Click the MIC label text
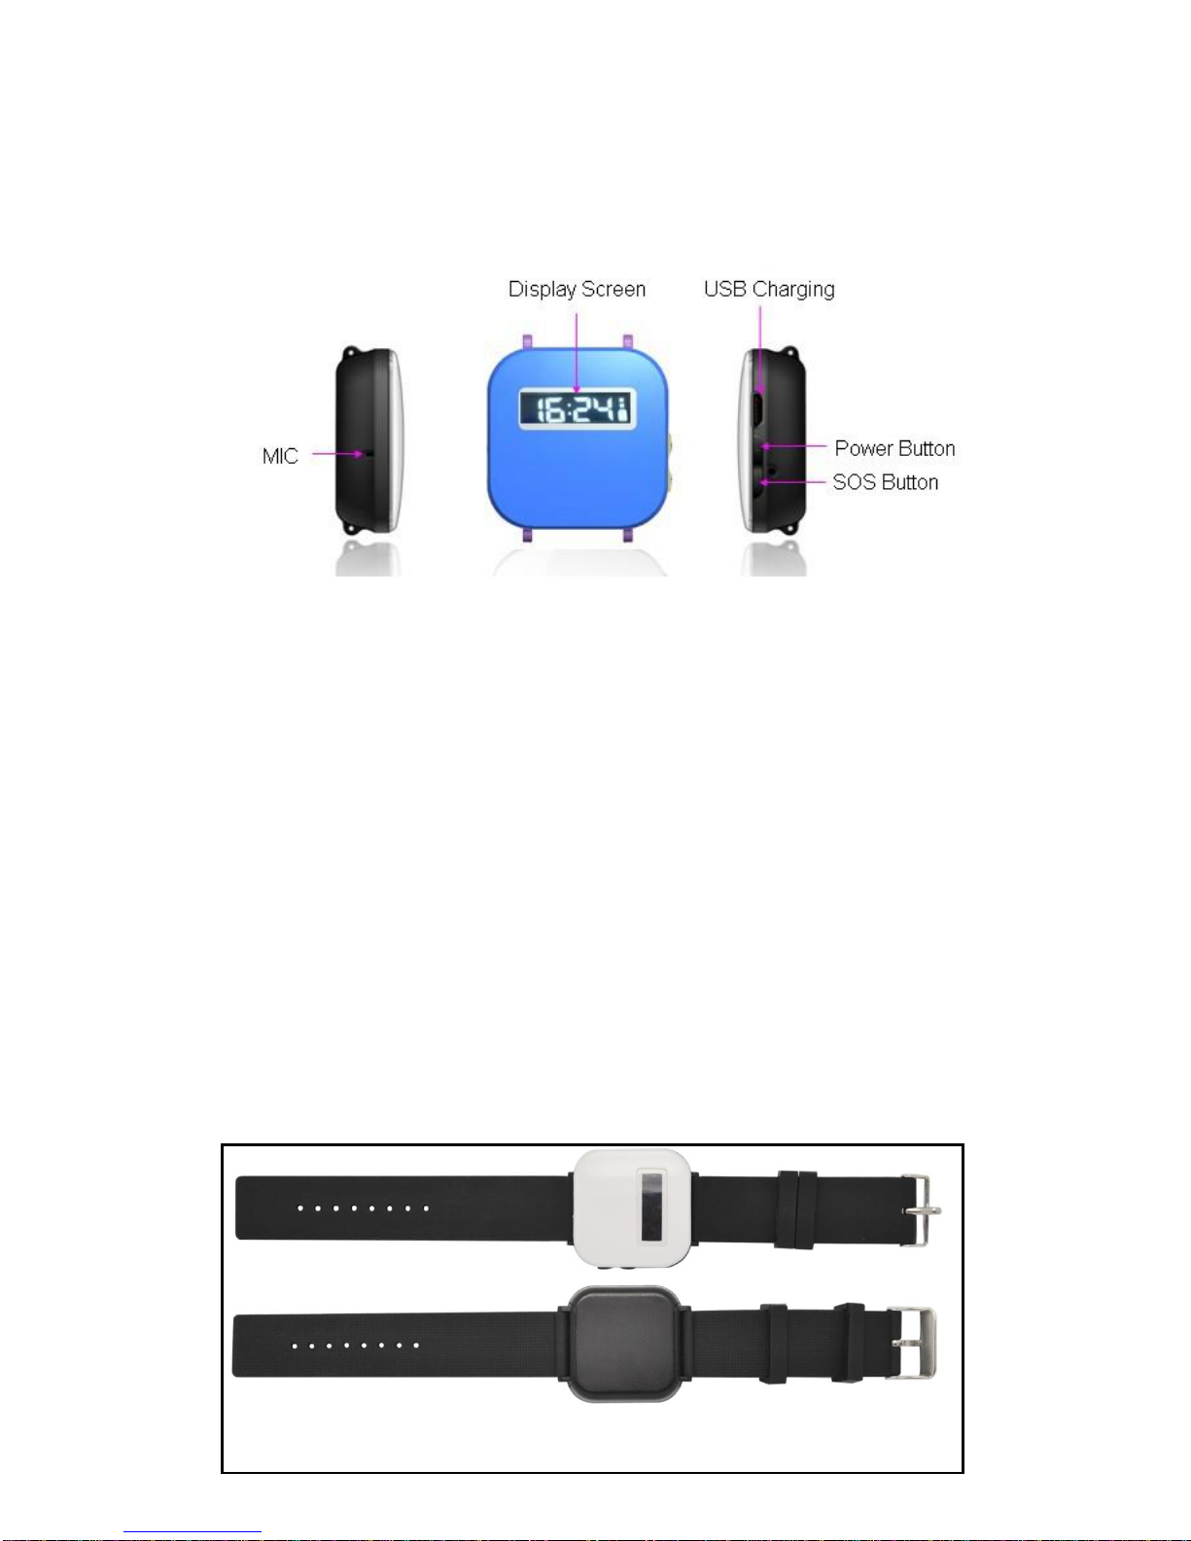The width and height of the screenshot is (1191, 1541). (x=280, y=456)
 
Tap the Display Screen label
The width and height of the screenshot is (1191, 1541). (x=578, y=290)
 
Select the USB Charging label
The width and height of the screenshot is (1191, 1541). (x=769, y=290)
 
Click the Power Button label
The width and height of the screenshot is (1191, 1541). (x=894, y=448)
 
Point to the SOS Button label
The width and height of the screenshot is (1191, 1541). (x=886, y=482)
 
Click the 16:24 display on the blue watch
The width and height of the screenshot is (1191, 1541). (x=578, y=409)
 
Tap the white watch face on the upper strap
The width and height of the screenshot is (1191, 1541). (x=632, y=1208)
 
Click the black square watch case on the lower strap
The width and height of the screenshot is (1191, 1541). (x=624, y=1344)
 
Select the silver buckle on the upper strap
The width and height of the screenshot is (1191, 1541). (x=921, y=1209)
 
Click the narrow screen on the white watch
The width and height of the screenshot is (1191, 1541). (x=652, y=1207)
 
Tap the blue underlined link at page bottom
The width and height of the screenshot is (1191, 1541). (x=193, y=1532)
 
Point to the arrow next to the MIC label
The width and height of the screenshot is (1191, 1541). (x=337, y=454)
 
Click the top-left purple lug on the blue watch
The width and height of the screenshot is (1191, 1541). (x=527, y=341)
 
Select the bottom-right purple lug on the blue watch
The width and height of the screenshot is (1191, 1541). (x=628, y=536)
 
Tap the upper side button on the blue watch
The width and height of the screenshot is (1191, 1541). (x=669, y=443)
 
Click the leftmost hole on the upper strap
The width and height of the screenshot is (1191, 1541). (x=299, y=1208)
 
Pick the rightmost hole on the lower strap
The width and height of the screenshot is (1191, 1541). (x=416, y=1346)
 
